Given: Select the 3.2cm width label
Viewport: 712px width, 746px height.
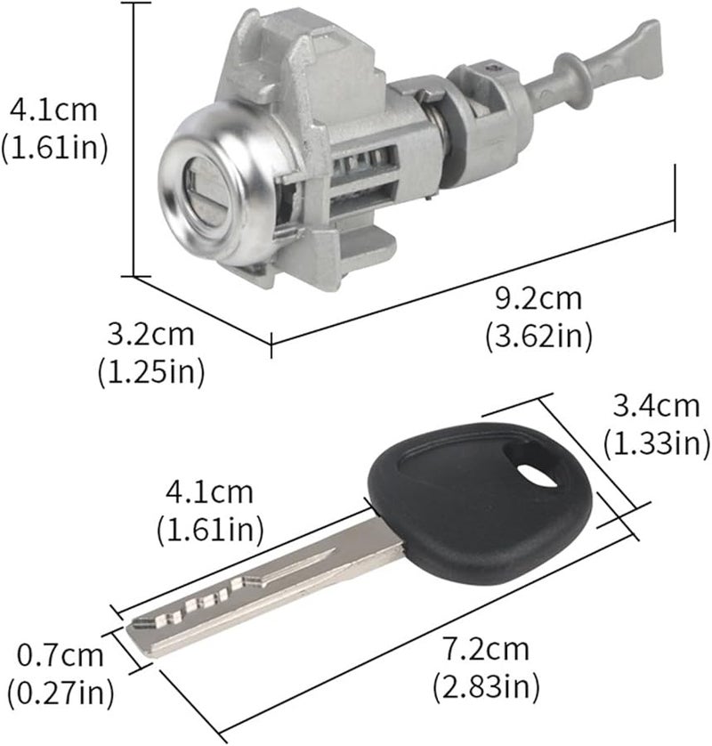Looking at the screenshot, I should click(x=150, y=336).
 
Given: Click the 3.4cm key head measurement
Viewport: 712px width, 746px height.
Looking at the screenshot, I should click(x=656, y=407).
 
